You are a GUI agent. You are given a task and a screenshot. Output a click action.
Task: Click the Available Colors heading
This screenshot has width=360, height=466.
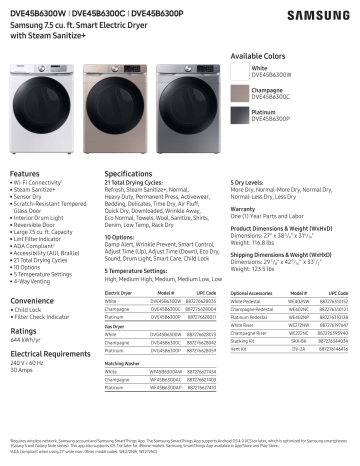click(x=259, y=55)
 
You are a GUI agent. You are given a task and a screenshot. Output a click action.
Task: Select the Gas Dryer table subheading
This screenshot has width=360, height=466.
click(x=117, y=326)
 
